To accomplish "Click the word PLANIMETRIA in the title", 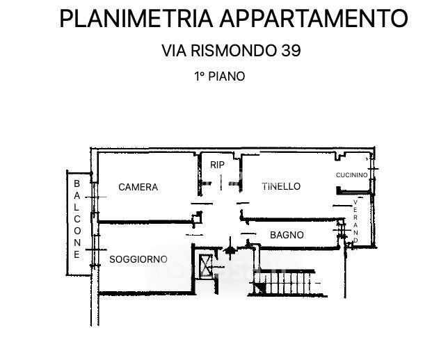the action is [x=136, y=18].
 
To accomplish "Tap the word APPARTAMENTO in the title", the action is [x=314, y=18].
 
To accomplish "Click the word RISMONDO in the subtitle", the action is [x=234, y=51].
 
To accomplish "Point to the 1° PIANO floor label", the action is [x=219, y=76].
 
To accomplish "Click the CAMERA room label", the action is [x=138, y=187].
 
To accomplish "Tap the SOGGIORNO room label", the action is [x=138, y=259].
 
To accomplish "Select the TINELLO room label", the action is [x=281, y=186].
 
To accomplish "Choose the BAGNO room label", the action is [x=287, y=235].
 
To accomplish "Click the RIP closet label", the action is [x=217, y=165].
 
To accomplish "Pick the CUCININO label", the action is [x=352, y=174].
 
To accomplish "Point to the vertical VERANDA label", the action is [x=355, y=222].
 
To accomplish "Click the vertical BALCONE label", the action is [x=77, y=219].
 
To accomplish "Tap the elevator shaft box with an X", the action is [x=206, y=265].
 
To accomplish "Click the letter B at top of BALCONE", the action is [x=77, y=183].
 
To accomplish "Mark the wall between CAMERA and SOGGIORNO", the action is [x=145, y=222].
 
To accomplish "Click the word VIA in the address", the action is [x=174, y=51].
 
